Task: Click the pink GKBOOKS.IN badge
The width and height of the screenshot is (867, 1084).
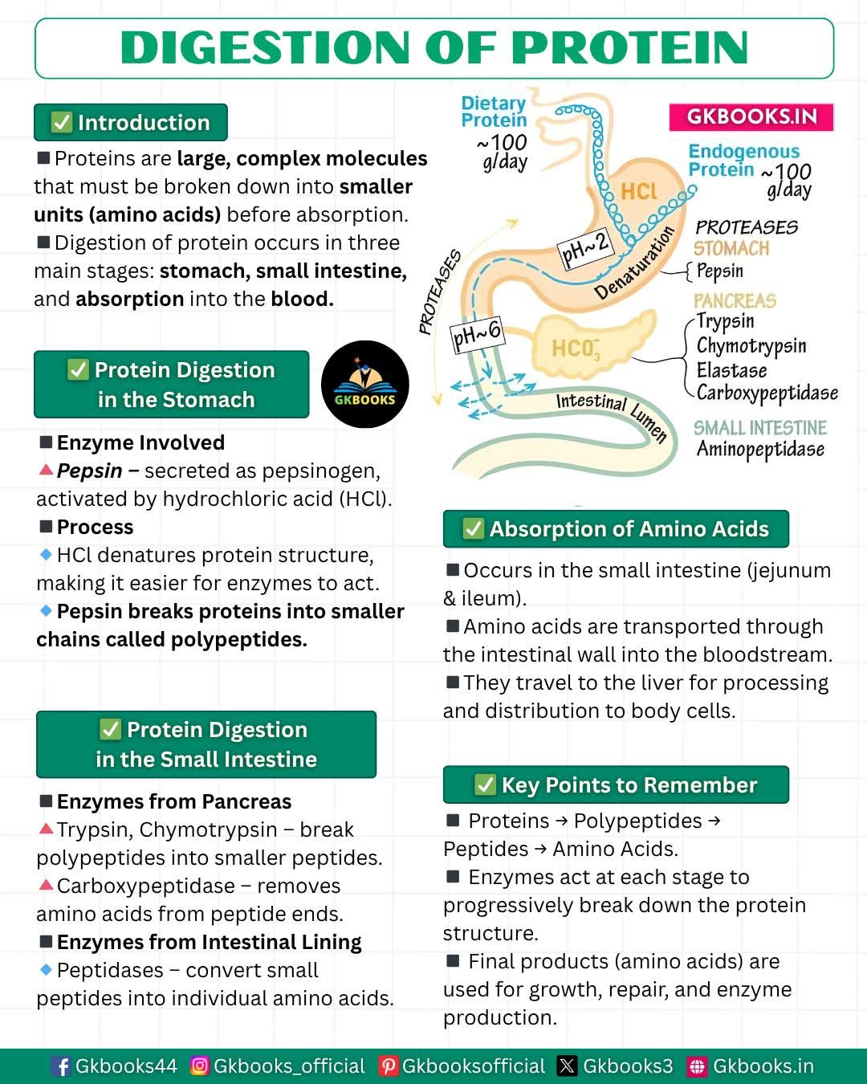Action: click(751, 117)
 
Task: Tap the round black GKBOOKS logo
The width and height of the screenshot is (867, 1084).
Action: click(364, 385)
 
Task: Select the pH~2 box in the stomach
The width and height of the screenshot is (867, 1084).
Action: click(585, 249)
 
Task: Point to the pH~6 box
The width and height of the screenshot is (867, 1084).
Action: click(477, 335)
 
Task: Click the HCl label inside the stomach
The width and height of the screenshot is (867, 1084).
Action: click(639, 191)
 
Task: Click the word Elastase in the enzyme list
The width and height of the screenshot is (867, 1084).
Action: click(731, 370)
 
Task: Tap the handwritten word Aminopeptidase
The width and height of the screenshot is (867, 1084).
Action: click(760, 450)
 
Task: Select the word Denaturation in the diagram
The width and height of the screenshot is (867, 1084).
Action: click(634, 263)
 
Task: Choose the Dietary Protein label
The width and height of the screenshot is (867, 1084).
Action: click(494, 112)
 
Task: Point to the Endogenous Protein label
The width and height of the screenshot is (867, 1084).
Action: click(744, 160)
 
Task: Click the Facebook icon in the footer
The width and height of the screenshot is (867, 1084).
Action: click(62, 1066)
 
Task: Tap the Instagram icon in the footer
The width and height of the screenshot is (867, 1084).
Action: click(200, 1066)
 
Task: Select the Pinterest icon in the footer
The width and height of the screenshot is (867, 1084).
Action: click(388, 1066)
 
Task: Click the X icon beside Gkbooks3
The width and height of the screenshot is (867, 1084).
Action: click(567, 1066)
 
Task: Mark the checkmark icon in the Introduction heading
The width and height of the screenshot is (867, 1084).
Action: click(62, 122)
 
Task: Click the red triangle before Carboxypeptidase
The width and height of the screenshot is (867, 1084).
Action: click(46, 885)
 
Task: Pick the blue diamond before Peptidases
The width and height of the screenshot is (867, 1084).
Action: click(46, 969)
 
